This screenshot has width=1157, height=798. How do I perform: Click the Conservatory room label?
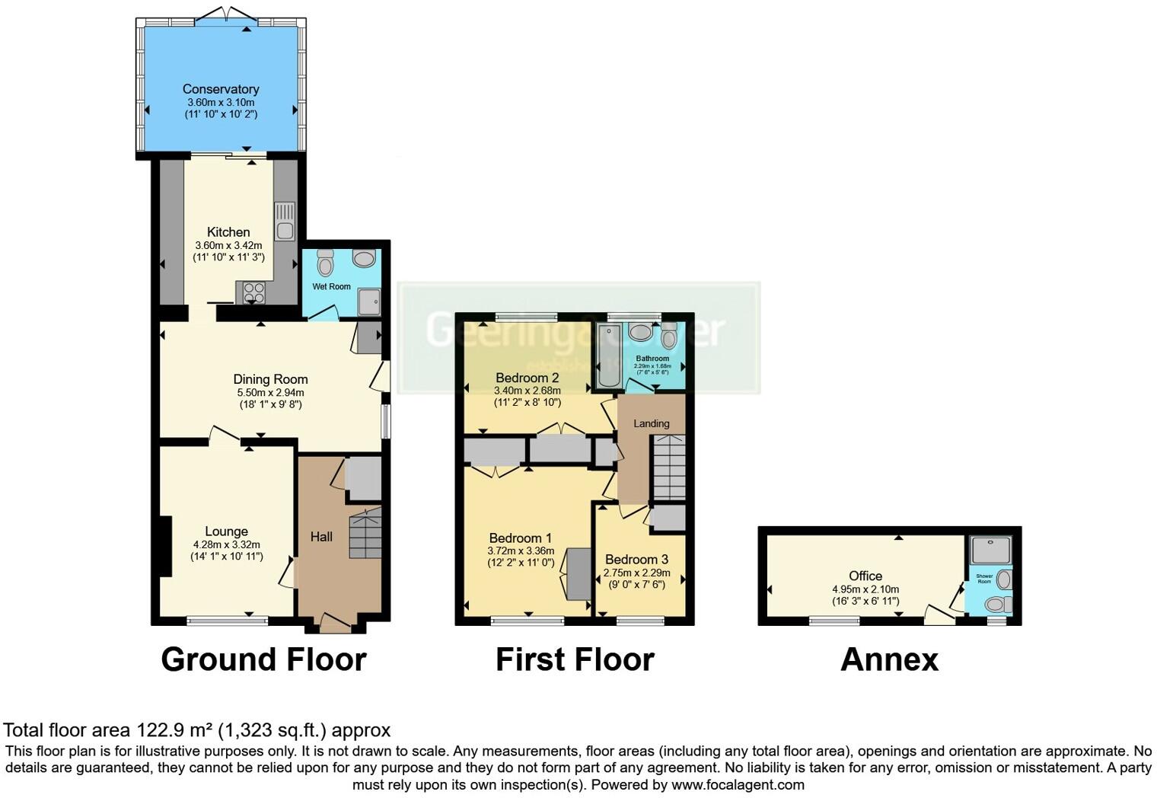(221, 89)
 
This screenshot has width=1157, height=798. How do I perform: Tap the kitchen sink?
(285, 222)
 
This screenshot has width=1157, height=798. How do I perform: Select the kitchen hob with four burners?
(254, 292)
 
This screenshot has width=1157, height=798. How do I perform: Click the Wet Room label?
(331, 286)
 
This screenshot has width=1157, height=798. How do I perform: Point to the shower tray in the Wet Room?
(368, 302)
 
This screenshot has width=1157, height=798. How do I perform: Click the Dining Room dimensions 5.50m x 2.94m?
(269, 393)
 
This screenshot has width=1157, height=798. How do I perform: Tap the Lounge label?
(226, 531)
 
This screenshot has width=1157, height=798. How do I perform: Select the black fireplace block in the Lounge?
(164, 547)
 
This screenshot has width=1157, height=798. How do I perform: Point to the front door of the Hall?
(336, 624)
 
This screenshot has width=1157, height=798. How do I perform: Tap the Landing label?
(652, 423)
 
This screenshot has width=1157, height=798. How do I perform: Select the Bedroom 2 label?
(527, 378)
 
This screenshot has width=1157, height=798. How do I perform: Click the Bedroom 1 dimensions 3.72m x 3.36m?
(521, 551)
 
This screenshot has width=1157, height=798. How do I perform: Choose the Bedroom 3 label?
(636, 560)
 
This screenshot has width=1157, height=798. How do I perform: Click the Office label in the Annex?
(865, 576)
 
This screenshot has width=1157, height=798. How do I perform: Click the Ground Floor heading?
(263, 659)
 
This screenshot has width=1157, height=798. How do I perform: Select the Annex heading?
(889, 659)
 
